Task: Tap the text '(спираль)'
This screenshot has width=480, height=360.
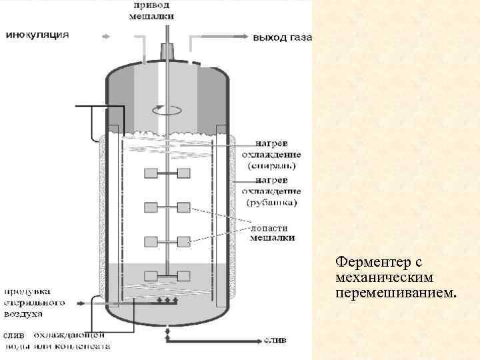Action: [x=273, y=165]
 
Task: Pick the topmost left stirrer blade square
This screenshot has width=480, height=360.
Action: [x=150, y=173]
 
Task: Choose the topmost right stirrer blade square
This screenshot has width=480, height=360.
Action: [x=183, y=173]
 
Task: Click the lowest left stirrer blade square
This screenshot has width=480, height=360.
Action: [x=150, y=274]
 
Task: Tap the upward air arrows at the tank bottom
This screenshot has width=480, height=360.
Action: [x=166, y=301]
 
